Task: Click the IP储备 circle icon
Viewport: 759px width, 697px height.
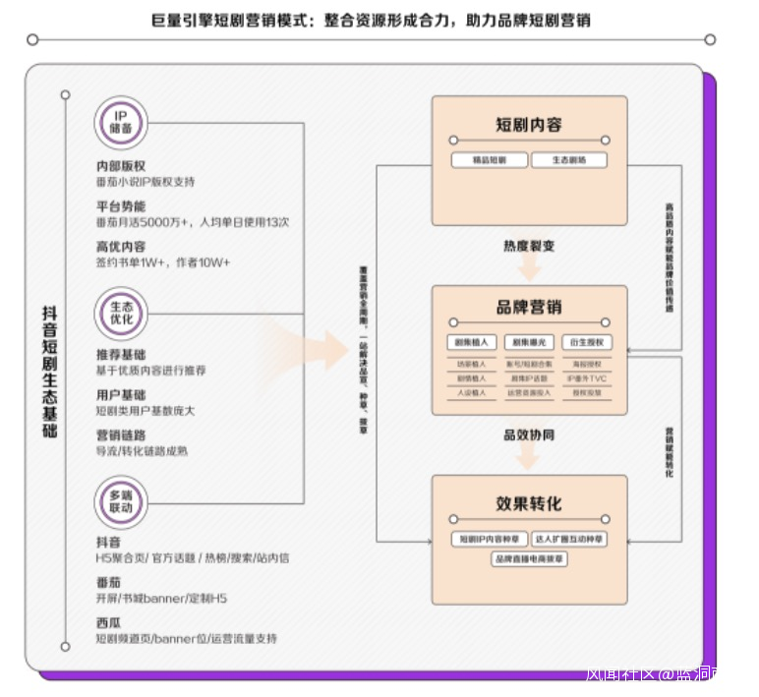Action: click(122, 123)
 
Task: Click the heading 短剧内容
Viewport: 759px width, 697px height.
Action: click(528, 125)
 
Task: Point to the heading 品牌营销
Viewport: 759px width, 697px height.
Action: click(528, 307)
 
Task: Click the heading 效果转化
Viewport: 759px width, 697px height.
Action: click(528, 503)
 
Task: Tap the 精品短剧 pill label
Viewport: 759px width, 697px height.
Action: click(489, 160)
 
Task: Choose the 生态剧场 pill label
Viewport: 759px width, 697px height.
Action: click(569, 160)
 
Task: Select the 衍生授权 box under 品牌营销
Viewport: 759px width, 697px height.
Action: click(587, 342)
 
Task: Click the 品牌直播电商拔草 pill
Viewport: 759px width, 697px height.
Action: click(529, 558)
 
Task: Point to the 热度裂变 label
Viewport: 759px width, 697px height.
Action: click(528, 246)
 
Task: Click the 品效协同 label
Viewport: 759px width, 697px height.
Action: click(528, 435)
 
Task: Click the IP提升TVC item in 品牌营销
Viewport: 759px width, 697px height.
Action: click(587, 378)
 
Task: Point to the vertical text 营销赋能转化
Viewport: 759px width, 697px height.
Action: click(670, 452)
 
